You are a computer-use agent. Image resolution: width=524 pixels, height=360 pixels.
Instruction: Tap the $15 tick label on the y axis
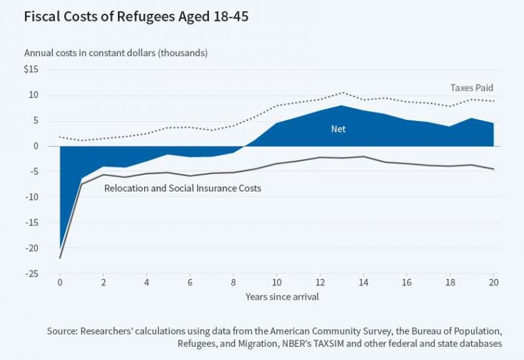tap(31, 69)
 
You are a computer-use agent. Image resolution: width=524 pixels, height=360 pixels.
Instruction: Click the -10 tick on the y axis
tap(33, 197)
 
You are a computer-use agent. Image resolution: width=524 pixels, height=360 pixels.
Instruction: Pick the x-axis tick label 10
tap(276, 283)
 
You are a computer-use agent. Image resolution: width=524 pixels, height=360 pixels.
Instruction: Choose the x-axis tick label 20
tap(493, 283)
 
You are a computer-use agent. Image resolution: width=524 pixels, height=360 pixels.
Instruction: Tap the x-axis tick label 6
tap(190, 283)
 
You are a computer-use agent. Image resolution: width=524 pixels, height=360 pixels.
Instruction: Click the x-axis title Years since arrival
tap(276, 297)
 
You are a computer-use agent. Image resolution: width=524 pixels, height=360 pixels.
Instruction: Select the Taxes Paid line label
tap(472, 87)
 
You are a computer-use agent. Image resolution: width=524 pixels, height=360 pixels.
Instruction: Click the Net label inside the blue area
tap(338, 129)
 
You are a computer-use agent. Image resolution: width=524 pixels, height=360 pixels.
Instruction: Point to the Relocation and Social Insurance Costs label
tap(183, 189)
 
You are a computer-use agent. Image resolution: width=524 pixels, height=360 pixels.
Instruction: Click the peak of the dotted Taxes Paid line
tap(341, 92)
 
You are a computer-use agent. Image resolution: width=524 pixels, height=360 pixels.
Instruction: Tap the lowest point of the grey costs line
tap(60, 258)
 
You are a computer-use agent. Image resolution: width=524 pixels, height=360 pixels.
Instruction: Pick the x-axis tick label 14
tap(363, 283)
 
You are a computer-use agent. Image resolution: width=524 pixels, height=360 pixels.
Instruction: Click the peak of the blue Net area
tap(341, 105)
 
